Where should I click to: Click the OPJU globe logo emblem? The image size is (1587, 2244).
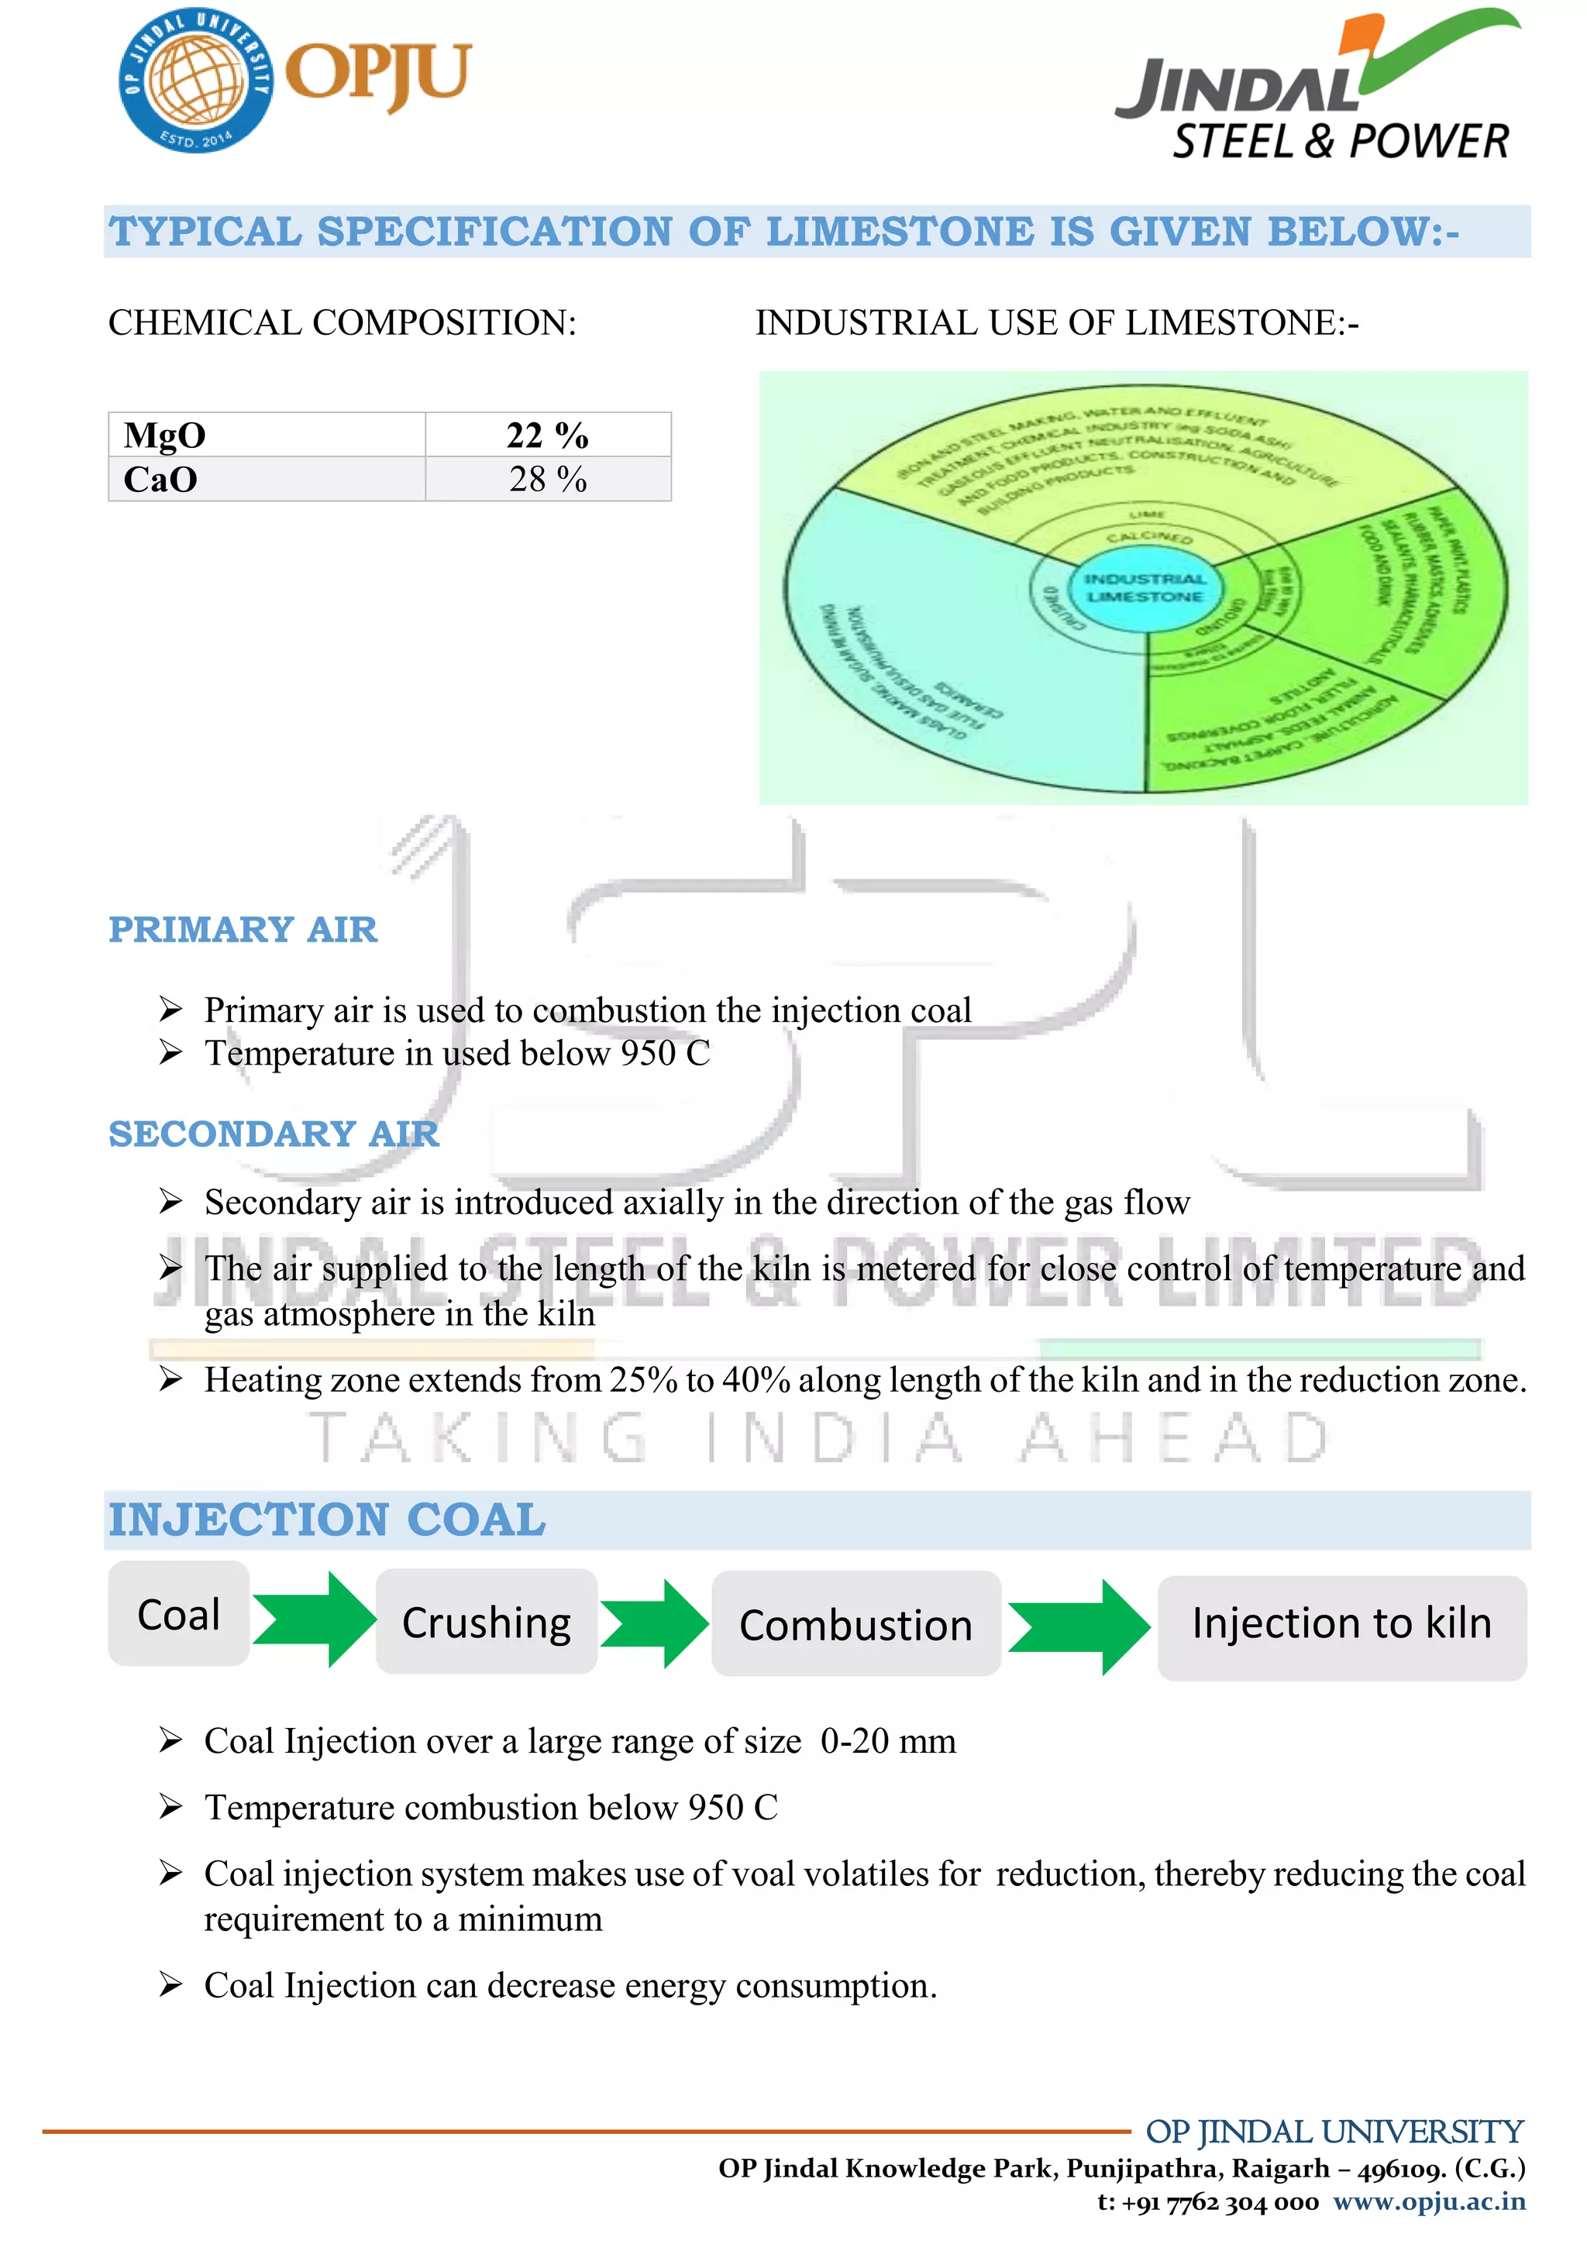pos(195,80)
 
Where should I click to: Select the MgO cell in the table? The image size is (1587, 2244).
pos(266,435)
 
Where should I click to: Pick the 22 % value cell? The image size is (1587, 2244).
pos(547,435)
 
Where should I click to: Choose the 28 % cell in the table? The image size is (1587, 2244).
pos(547,479)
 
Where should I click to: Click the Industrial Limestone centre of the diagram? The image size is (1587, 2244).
pos(1145,588)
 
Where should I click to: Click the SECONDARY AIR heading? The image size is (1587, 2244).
pos(274,1134)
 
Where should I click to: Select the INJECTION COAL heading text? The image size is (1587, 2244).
pos(326,1520)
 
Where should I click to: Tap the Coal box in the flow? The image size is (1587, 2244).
pos(179,1615)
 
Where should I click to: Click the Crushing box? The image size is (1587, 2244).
pos(487,1623)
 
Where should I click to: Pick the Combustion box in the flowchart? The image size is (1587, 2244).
pos(856,1624)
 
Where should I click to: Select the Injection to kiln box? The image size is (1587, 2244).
pos(1341,1623)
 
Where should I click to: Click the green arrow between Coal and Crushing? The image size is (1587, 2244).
pos(313,1619)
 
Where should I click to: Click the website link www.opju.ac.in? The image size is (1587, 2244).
pos(1429,2201)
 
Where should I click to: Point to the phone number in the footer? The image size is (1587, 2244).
pos(1208,2202)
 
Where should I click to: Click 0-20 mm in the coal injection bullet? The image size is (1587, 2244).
pos(887,1742)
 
